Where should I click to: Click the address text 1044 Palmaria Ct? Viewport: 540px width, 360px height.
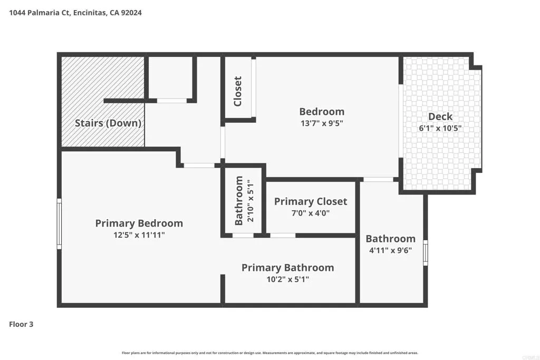coord(43,12)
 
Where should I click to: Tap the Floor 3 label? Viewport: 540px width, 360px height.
coord(21,324)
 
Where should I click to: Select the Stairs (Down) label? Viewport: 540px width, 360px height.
coord(108,123)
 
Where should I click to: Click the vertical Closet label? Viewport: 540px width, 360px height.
coord(238,91)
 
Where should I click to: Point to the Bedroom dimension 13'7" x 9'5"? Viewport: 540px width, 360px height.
coord(321,124)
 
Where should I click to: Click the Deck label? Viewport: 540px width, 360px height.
coord(440,116)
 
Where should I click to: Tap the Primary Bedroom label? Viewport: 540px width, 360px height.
coord(139,223)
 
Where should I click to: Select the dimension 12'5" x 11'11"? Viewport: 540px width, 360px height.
coord(139,235)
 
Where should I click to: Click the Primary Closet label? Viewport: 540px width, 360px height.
coord(310,201)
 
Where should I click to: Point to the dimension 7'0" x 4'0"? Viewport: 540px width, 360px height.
coord(310,213)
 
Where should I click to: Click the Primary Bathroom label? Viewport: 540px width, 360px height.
coord(287,268)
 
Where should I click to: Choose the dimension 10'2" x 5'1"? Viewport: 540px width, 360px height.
coord(287,279)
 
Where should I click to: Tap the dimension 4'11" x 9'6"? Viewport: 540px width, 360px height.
coord(390,251)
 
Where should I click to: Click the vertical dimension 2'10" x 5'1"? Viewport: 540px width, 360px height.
coord(251,200)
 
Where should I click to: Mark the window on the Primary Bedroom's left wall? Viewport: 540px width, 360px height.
coord(59,223)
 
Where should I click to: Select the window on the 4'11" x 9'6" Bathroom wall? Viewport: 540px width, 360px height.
coord(426,252)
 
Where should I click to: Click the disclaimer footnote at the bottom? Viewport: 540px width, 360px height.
coord(270,353)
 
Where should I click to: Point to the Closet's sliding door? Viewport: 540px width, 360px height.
coord(254,88)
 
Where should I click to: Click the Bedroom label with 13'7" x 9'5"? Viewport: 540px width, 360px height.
coord(321,112)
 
